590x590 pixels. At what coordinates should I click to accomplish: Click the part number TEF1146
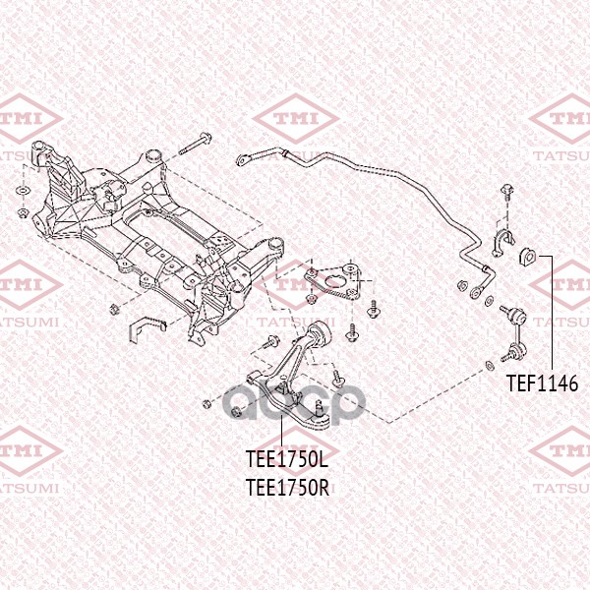542,383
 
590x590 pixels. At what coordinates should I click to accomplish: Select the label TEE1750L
287,459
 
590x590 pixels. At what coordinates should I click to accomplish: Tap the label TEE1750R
287,488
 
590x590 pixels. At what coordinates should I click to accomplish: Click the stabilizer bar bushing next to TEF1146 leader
528,257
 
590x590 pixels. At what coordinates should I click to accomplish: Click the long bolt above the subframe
195,144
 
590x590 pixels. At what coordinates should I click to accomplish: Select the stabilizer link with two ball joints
514,333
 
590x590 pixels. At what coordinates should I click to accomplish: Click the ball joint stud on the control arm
320,407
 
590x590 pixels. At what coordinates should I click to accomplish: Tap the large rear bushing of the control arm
321,331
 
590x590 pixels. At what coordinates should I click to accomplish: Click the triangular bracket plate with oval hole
332,282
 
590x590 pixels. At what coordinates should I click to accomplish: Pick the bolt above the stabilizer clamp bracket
506,193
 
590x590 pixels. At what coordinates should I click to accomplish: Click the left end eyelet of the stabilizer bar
242,161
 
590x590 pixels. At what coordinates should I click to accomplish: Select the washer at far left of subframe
24,191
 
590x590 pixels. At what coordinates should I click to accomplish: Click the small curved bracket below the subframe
147,328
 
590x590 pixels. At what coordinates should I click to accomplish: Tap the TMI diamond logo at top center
295,119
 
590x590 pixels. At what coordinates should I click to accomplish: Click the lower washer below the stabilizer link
490,365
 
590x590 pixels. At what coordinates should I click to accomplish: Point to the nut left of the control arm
206,404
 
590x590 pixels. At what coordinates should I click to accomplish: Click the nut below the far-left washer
24,213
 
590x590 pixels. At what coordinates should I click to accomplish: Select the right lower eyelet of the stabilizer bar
476,292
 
